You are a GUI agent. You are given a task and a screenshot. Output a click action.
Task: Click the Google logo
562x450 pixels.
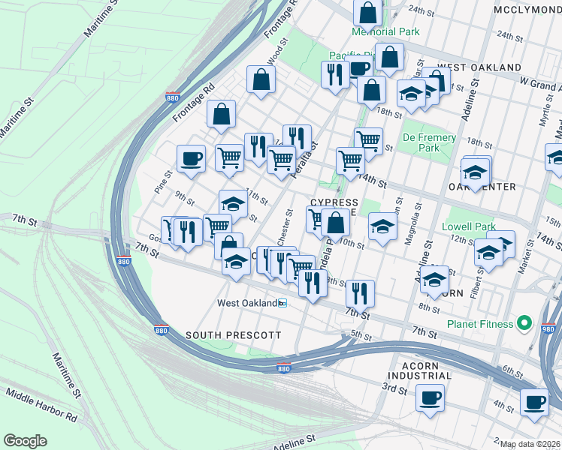coord(25,441)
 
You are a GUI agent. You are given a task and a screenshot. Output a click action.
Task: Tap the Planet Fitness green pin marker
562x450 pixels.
coord(525,324)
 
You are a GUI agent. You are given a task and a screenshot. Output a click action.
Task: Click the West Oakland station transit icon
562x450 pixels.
coord(283,304)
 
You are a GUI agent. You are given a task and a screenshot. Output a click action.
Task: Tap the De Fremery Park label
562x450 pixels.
coord(429,143)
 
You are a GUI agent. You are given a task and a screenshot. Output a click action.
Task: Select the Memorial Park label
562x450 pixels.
coord(385,32)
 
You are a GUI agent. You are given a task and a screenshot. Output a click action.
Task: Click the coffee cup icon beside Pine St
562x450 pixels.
coord(190,158)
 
